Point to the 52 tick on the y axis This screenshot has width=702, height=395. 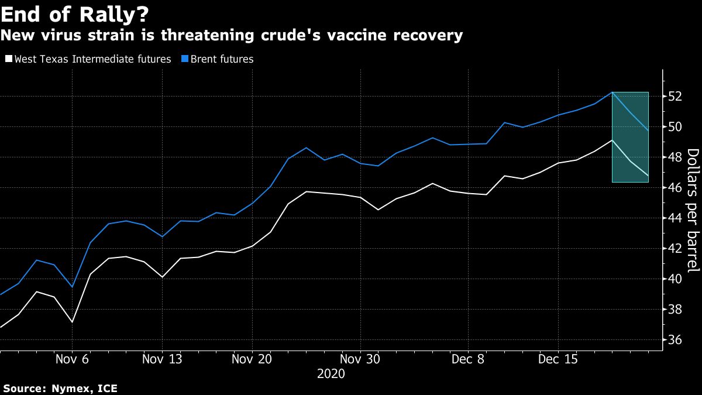[x=675, y=96]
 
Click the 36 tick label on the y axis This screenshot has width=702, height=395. [x=675, y=339]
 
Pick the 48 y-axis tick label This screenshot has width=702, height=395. [x=675, y=157]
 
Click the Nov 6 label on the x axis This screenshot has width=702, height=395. [x=72, y=359]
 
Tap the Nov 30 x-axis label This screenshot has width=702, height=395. [x=360, y=359]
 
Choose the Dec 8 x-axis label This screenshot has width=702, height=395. [x=468, y=359]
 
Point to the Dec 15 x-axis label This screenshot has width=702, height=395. [x=558, y=359]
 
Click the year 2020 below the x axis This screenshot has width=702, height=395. [x=331, y=373]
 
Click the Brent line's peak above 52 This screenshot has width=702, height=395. [x=612, y=92]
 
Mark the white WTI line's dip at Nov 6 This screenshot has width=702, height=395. [x=72, y=322]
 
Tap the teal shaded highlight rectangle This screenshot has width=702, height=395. [x=630, y=137]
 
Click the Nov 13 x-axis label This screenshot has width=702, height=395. [x=162, y=359]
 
